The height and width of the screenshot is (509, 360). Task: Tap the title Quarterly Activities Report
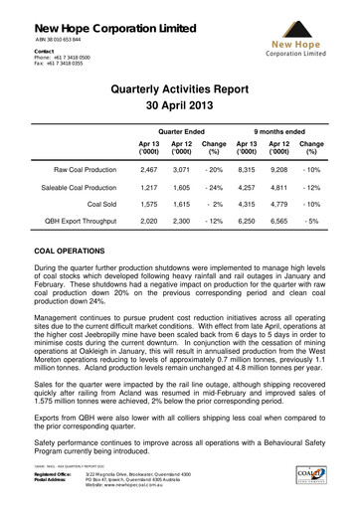click(x=180, y=88)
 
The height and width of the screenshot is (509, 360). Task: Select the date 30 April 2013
click(x=180, y=106)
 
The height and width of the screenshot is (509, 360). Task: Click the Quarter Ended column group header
click(x=182, y=131)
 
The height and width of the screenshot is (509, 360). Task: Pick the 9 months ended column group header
click(x=279, y=131)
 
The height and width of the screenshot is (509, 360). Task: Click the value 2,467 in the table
click(x=147, y=171)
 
